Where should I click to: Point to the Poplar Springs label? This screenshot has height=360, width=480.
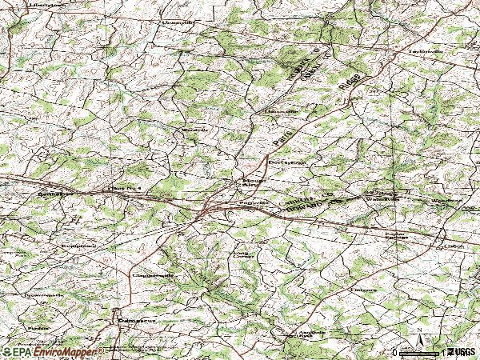coord(396,236)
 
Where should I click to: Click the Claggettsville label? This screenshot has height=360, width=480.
coord(152,274)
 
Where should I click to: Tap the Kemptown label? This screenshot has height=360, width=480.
coord(78,246)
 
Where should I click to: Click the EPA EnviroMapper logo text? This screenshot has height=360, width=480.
coord(53,352)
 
